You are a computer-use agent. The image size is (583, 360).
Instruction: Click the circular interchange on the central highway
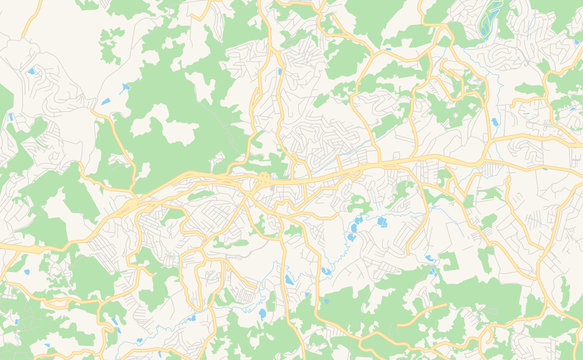tap(262, 178)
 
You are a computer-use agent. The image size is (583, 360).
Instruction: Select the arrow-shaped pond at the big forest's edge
tap(125, 87)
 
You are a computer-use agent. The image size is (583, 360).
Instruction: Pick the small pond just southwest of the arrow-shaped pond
tap(104, 101)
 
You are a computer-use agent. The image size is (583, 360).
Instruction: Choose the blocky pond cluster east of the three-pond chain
tap(381, 222)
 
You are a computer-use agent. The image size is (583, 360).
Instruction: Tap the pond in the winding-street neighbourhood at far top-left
tap(31, 71)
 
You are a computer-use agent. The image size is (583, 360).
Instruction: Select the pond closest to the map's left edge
tap(10, 117)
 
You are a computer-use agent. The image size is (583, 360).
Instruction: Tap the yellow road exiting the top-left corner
tap(10, 7)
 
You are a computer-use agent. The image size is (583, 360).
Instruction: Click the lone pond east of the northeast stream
tap(494, 122)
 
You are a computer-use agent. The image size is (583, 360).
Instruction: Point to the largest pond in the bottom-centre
tap(263, 313)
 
